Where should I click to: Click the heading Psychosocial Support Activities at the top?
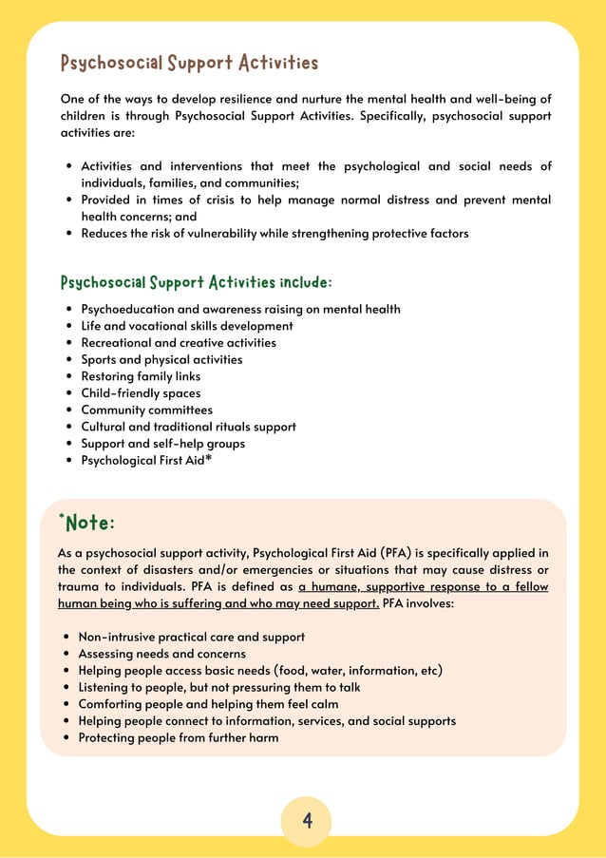[x=189, y=64]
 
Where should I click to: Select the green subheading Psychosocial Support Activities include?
[x=196, y=283]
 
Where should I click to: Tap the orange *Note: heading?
[x=86, y=523]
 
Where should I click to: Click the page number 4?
[x=307, y=820]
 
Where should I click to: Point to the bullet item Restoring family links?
[x=141, y=376]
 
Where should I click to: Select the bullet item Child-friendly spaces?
[x=141, y=393]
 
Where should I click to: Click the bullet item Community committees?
[x=146, y=410]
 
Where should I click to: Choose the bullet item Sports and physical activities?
[x=161, y=360]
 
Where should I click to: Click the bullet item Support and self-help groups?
[x=162, y=444]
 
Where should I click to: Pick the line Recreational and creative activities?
[x=179, y=343]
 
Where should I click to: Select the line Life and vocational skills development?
[x=187, y=326]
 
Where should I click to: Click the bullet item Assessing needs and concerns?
[x=161, y=654]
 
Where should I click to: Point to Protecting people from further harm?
[x=178, y=737]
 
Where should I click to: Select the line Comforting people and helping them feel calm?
[x=208, y=704]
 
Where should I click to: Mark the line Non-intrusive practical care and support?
[x=191, y=637]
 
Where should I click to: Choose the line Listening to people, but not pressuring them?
[x=218, y=687]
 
